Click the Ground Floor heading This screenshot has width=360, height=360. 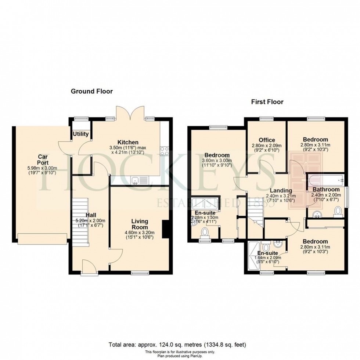tap(91, 91)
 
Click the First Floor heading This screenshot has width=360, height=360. tap(267, 102)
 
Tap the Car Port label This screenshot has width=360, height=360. tap(41, 159)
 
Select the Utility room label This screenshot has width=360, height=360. tap(80, 134)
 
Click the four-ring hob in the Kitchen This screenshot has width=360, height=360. tap(164, 151)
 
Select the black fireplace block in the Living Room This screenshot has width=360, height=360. tap(166, 228)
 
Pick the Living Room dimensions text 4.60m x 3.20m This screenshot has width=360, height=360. tap(140, 232)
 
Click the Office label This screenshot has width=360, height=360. tap(267, 140)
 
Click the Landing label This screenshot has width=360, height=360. tap(281, 191)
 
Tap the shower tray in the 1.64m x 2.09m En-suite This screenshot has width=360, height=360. tap(253, 256)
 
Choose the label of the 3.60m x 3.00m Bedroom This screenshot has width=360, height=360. tap(217, 155)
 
